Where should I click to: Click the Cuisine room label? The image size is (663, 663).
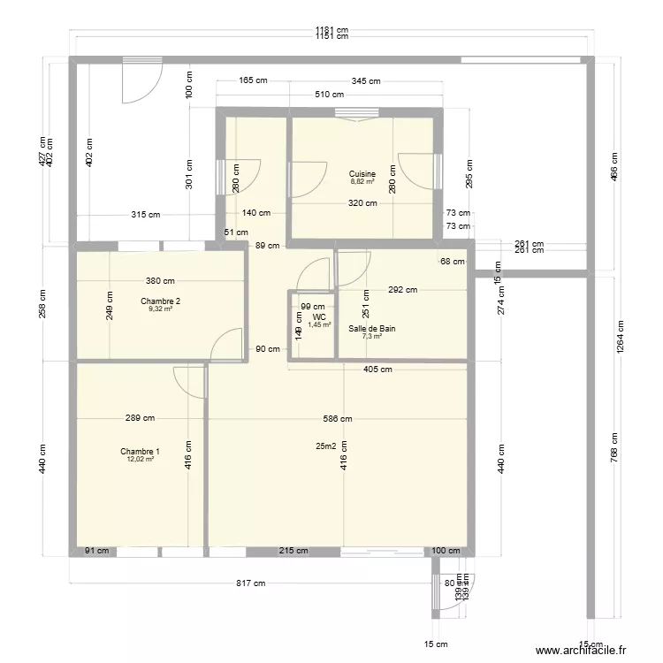(x=362, y=174)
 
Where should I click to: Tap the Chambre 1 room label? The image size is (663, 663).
(x=140, y=452)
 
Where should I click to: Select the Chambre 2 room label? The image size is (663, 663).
(x=160, y=301)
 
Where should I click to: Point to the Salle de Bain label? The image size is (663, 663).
(x=371, y=329)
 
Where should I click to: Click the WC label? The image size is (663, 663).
(x=318, y=316)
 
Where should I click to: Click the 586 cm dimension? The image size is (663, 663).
(x=337, y=419)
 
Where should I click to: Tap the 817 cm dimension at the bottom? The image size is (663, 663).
(x=250, y=583)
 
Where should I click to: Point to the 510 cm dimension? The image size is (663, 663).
(x=331, y=95)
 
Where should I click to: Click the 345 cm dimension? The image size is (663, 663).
(x=365, y=81)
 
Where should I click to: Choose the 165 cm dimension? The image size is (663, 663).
(x=253, y=81)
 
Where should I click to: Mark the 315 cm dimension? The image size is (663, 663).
(x=146, y=215)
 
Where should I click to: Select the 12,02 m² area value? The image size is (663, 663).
(x=140, y=460)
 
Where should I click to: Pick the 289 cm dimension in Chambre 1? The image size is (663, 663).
(x=140, y=419)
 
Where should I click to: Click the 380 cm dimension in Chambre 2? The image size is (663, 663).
(x=160, y=282)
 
